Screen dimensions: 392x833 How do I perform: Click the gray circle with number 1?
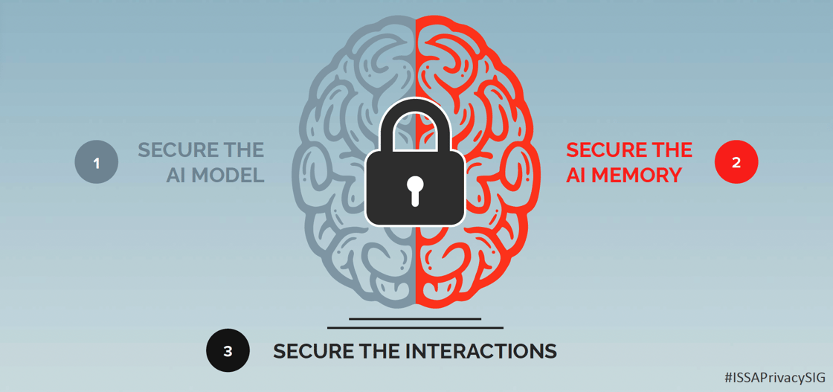pos(97,162)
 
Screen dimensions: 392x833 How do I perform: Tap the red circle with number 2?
pos(736,162)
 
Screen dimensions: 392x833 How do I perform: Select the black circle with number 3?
pos(228,350)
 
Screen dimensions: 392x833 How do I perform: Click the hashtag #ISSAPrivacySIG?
pos(774,378)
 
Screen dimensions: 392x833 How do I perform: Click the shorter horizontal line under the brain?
pos(415,319)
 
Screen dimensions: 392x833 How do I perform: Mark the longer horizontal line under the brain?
pos(415,327)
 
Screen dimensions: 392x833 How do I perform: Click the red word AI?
pos(576,176)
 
